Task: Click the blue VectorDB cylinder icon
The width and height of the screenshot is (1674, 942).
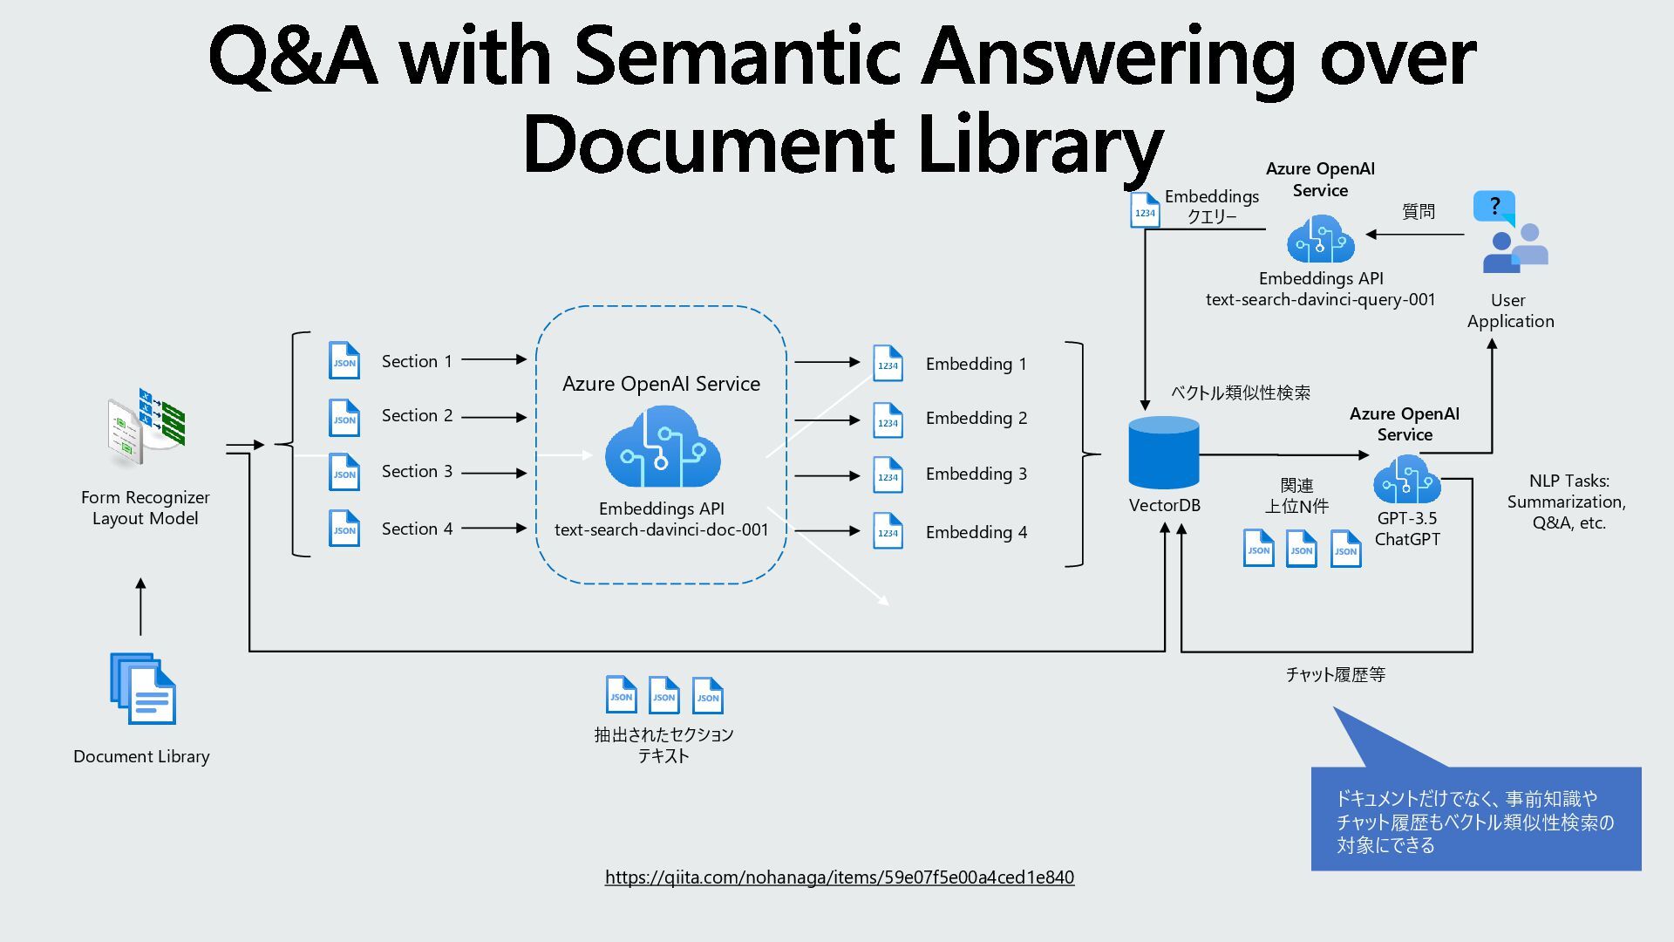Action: [1164, 453]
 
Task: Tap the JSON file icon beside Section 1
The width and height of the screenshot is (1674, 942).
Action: [344, 360]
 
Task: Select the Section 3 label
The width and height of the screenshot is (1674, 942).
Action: [417, 472]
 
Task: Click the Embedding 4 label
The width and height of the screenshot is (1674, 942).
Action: [976, 532]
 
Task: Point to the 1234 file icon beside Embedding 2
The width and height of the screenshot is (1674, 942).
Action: [888, 420]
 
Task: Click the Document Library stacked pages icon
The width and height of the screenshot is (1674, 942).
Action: [143, 688]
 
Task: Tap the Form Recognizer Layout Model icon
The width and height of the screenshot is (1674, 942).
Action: [146, 430]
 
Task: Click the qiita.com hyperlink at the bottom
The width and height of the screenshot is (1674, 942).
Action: [840, 877]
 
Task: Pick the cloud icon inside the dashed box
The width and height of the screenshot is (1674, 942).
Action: [663, 448]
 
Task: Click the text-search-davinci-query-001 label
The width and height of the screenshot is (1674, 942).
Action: [1320, 300]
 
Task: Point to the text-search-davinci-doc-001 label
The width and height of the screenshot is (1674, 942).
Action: [662, 529]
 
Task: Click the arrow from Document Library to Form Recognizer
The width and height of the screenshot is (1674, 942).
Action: [141, 607]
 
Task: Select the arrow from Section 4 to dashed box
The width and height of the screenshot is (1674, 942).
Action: [493, 528]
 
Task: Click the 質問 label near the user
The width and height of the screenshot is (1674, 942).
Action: [1419, 212]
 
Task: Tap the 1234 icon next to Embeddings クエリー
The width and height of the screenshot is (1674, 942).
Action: [1145, 211]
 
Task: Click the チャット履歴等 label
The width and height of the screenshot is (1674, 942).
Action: [1335, 674]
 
